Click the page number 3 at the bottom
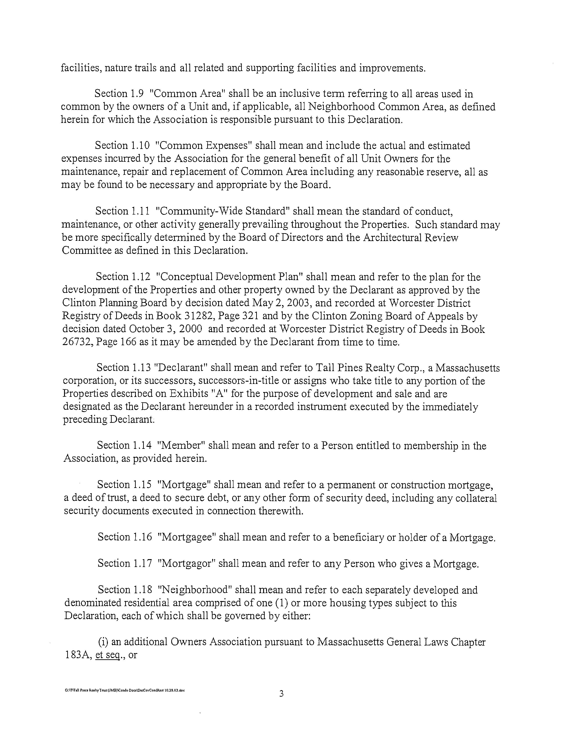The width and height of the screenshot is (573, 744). [281, 694]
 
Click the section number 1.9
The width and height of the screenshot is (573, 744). [135, 94]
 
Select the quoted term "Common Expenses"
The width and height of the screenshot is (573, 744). [203, 146]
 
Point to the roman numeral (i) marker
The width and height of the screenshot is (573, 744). [103, 642]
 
